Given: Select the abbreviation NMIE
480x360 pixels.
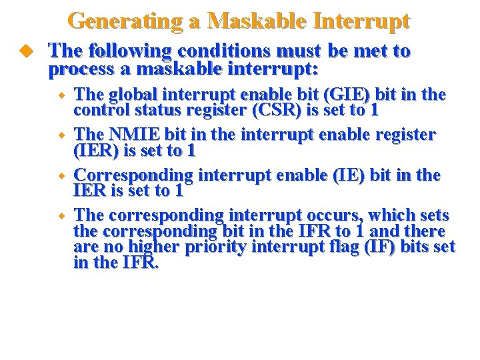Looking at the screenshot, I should point(138,135).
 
